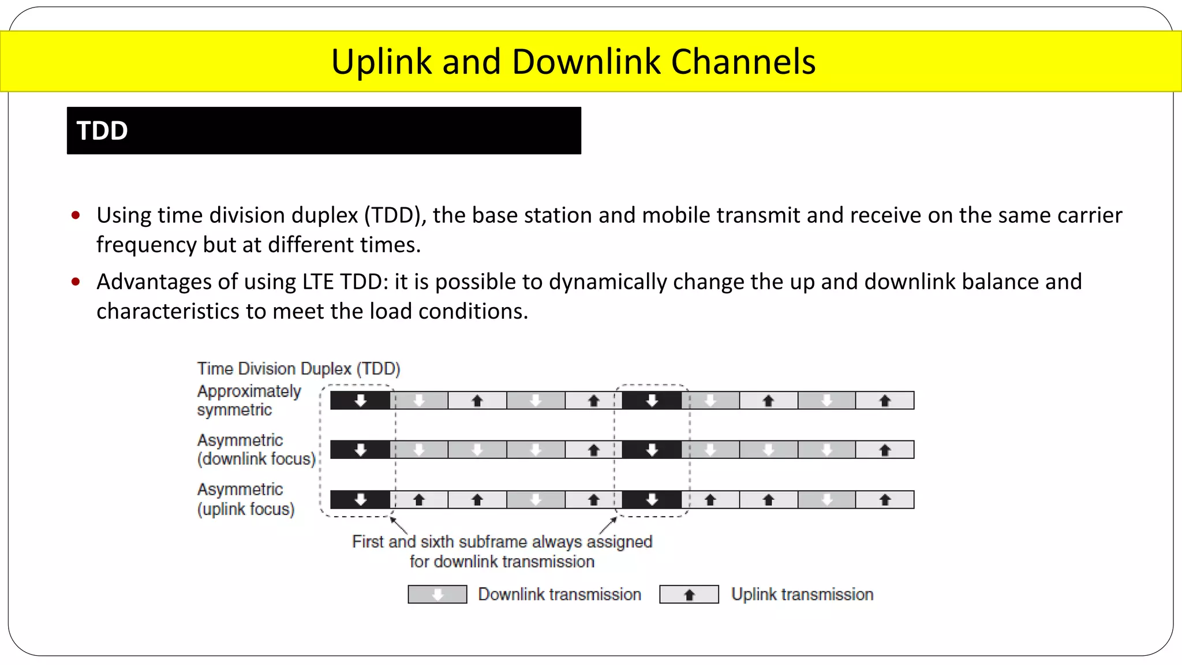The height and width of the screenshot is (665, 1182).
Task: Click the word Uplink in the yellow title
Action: click(381, 62)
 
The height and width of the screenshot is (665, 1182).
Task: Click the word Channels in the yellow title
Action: click(743, 62)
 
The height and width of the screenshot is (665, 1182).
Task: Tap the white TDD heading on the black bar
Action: click(102, 131)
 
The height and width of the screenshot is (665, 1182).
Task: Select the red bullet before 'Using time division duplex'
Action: click(76, 216)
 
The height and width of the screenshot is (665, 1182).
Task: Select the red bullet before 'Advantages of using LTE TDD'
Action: click(76, 282)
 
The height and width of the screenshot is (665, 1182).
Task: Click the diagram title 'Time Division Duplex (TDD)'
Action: click(298, 368)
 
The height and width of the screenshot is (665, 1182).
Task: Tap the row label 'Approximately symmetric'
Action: click(249, 400)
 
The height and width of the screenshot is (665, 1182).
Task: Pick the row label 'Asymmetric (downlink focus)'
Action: click(256, 449)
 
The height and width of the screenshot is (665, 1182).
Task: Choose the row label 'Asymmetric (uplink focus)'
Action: click(246, 499)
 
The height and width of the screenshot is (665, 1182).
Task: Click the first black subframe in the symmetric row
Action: click(360, 400)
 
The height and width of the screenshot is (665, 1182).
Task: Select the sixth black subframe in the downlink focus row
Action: click(652, 449)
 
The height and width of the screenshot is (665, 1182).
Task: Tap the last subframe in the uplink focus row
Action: click(885, 499)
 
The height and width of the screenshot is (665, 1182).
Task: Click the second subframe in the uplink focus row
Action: click(419, 499)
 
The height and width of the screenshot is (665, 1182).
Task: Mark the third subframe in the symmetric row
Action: click(477, 400)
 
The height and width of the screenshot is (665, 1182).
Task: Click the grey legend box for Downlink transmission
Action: click(437, 594)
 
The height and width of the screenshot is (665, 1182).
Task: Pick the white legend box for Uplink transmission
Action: click(689, 594)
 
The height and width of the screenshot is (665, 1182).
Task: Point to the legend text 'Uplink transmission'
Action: click(802, 594)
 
